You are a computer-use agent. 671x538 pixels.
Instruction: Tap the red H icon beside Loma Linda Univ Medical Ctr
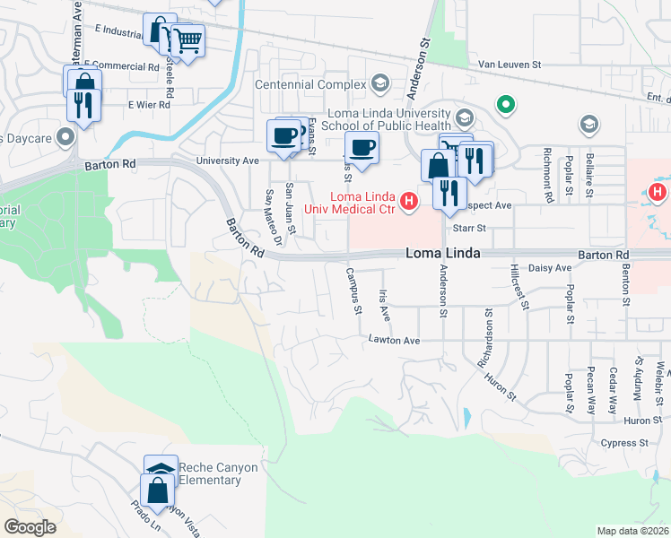(x=409, y=201)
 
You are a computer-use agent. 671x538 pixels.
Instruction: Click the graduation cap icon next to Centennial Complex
(x=380, y=85)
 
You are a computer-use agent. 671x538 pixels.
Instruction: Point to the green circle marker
(x=506, y=106)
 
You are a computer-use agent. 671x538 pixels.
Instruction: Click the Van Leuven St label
(x=510, y=65)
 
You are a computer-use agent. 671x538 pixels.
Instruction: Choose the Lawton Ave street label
(x=394, y=341)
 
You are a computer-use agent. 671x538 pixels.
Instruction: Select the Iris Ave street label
(x=385, y=305)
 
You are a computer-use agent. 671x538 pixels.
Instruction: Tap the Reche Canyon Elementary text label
(x=218, y=473)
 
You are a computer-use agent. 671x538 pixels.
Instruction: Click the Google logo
(x=30, y=527)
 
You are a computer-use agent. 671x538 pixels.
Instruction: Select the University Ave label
(x=228, y=161)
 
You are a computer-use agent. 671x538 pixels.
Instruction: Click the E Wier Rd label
(x=148, y=105)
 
